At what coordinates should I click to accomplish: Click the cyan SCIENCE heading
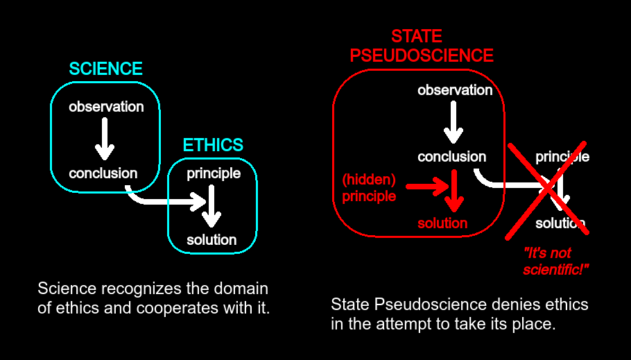click(x=105, y=69)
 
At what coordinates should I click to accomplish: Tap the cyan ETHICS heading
click(x=213, y=145)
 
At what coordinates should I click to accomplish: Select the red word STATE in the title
click(x=417, y=36)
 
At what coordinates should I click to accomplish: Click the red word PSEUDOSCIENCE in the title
click(x=422, y=55)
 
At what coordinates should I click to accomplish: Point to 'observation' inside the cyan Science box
click(x=106, y=107)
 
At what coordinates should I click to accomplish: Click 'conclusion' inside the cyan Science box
click(x=103, y=173)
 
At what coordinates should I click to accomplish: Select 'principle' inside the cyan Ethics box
click(x=214, y=174)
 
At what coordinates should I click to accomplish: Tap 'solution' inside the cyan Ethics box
click(x=211, y=240)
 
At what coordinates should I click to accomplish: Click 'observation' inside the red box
click(x=455, y=90)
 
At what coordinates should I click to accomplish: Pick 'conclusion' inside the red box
click(x=452, y=157)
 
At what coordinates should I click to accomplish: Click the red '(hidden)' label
click(x=369, y=180)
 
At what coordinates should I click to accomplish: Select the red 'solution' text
click(x=442, y=223)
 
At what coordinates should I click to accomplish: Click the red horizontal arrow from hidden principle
click(x=427, y=187)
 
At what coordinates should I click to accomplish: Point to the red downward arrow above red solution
click(x=454, y=191)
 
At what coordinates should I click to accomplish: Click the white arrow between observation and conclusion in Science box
click(x=105, y=139)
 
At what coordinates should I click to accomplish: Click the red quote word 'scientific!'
click(x=555, y=270)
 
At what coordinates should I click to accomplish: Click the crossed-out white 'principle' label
click(x=562, y=157)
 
